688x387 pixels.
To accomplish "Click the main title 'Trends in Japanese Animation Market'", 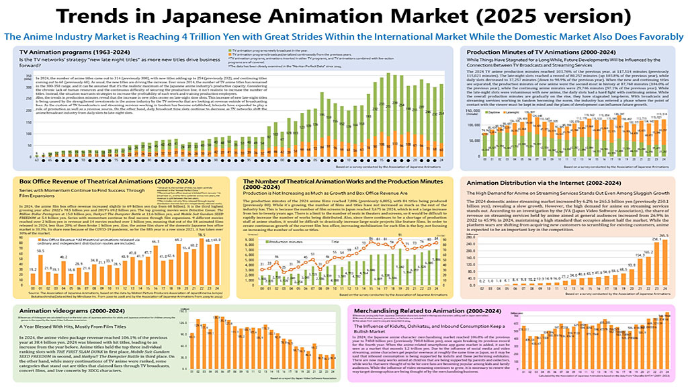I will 343,15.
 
